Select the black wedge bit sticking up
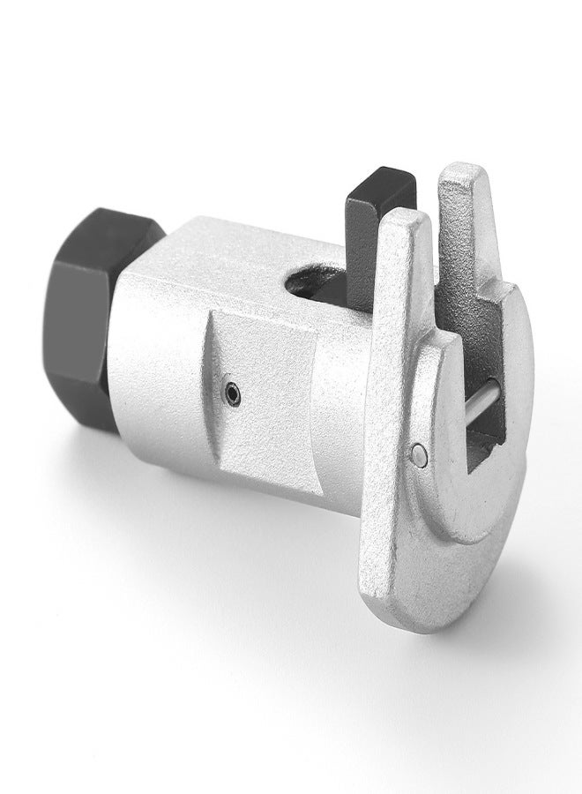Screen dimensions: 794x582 click(370, 238)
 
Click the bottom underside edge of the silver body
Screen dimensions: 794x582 click(265, 512)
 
